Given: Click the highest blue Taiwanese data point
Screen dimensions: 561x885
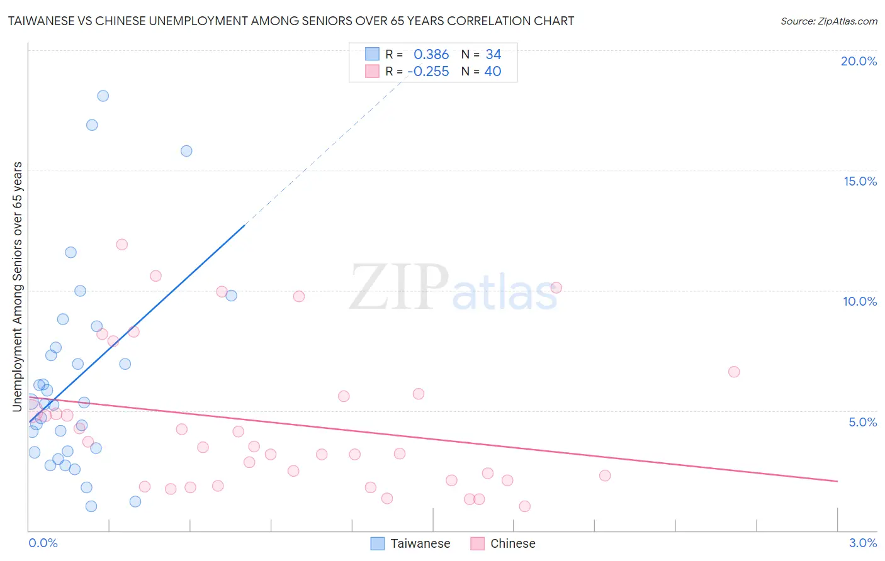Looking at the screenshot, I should pos(103,96).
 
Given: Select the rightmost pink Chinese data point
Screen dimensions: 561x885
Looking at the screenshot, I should pos(733,372).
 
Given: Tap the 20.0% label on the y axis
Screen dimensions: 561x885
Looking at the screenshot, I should pos(859,61).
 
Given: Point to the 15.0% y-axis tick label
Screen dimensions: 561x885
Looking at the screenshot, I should pos(860,181).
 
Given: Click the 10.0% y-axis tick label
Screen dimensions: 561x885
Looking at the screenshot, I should pos(860,301).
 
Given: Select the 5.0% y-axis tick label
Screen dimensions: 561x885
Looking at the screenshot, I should pos(862,422).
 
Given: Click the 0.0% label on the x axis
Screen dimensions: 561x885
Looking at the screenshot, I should pos(43,543).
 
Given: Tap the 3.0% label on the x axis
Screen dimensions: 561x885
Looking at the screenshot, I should pos(862,543).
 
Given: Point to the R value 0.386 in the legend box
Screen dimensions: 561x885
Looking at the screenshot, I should pos(431,55).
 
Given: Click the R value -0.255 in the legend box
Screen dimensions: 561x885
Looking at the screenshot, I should pos(428,72).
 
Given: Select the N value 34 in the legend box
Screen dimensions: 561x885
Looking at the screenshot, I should pos(493,55).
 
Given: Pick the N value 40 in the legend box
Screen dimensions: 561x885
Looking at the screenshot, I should pos(493,72).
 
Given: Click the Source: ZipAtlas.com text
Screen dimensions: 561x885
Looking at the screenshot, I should pos(828,21).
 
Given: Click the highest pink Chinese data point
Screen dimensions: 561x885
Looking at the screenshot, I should pos(122,244).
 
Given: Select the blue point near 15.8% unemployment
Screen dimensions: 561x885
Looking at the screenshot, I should pos(186,151).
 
